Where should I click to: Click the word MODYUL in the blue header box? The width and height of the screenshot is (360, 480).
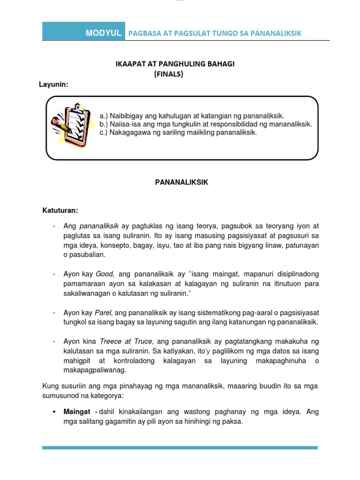(104, 33)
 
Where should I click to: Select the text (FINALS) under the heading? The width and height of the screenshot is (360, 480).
(169, 74)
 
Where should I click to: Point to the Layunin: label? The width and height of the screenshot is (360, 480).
(53, 84)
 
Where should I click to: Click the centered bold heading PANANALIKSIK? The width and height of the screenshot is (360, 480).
(181, 183)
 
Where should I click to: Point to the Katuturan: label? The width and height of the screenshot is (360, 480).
(60, 211)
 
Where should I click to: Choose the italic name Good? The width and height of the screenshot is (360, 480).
(105, 274)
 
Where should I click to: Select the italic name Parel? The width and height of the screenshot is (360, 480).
(104, 313)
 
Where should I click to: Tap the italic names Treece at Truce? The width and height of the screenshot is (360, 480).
(127, 342)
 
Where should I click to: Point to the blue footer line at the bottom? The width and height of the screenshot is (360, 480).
(180, 448)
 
